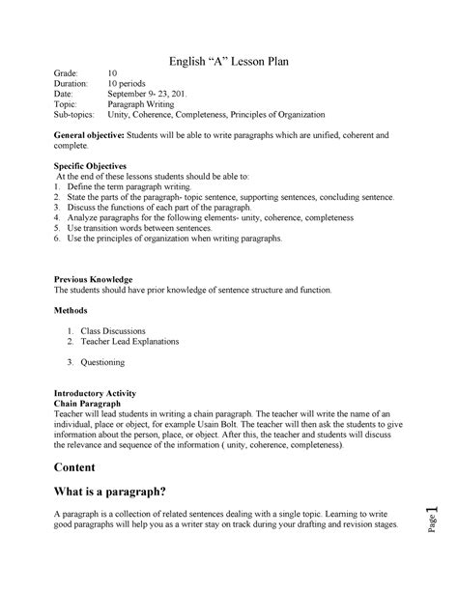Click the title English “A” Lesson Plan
click(229, 62)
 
